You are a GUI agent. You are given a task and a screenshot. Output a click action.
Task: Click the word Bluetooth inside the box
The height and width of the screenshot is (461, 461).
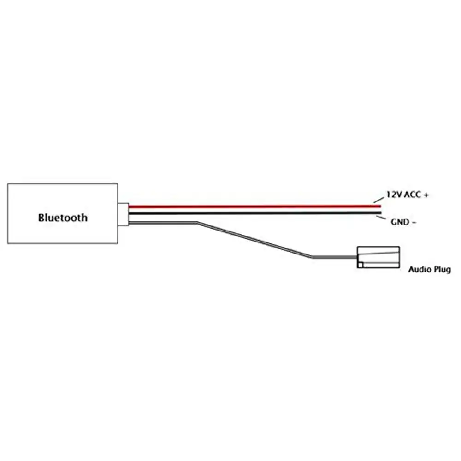point(62,217)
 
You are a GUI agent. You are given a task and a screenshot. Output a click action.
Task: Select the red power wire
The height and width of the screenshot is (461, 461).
point(254,206)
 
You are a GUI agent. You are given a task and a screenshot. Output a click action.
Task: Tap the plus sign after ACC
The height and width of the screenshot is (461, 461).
point(426,195)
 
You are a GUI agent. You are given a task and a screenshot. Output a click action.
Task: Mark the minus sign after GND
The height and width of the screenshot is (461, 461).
point(414,222)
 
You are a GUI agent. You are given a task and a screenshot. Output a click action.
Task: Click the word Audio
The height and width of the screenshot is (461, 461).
point(419,269)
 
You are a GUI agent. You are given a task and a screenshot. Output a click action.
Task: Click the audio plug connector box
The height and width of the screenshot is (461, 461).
point(378,257)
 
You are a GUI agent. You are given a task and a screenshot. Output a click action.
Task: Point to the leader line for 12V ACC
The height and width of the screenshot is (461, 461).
point(378,200)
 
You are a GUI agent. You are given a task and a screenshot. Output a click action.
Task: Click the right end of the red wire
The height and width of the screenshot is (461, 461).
point(379,206)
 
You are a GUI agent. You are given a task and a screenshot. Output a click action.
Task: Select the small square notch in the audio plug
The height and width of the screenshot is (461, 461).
point(361,265)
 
